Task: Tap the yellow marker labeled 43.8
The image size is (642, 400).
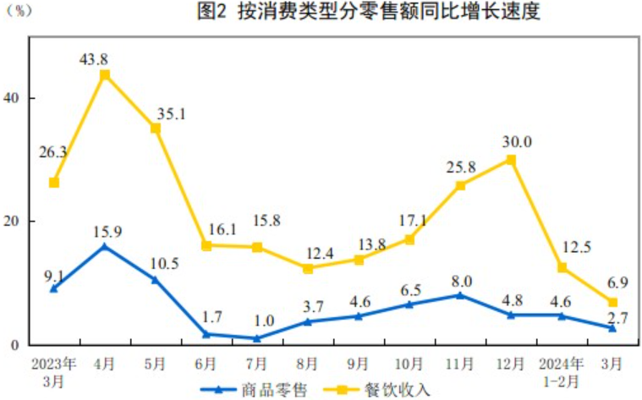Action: pos(105,75)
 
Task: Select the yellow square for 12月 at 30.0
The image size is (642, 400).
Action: pos(511,159)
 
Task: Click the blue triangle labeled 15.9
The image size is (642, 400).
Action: pos(105,247)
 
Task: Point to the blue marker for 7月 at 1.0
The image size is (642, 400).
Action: pos(257,338)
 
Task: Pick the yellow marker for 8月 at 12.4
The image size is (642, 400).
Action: pos(308,268)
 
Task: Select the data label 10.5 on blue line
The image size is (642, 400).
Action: pos(166,263)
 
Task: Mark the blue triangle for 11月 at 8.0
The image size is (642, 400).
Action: pos(460,295)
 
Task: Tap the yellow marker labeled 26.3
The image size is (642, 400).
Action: pos(54,183)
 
